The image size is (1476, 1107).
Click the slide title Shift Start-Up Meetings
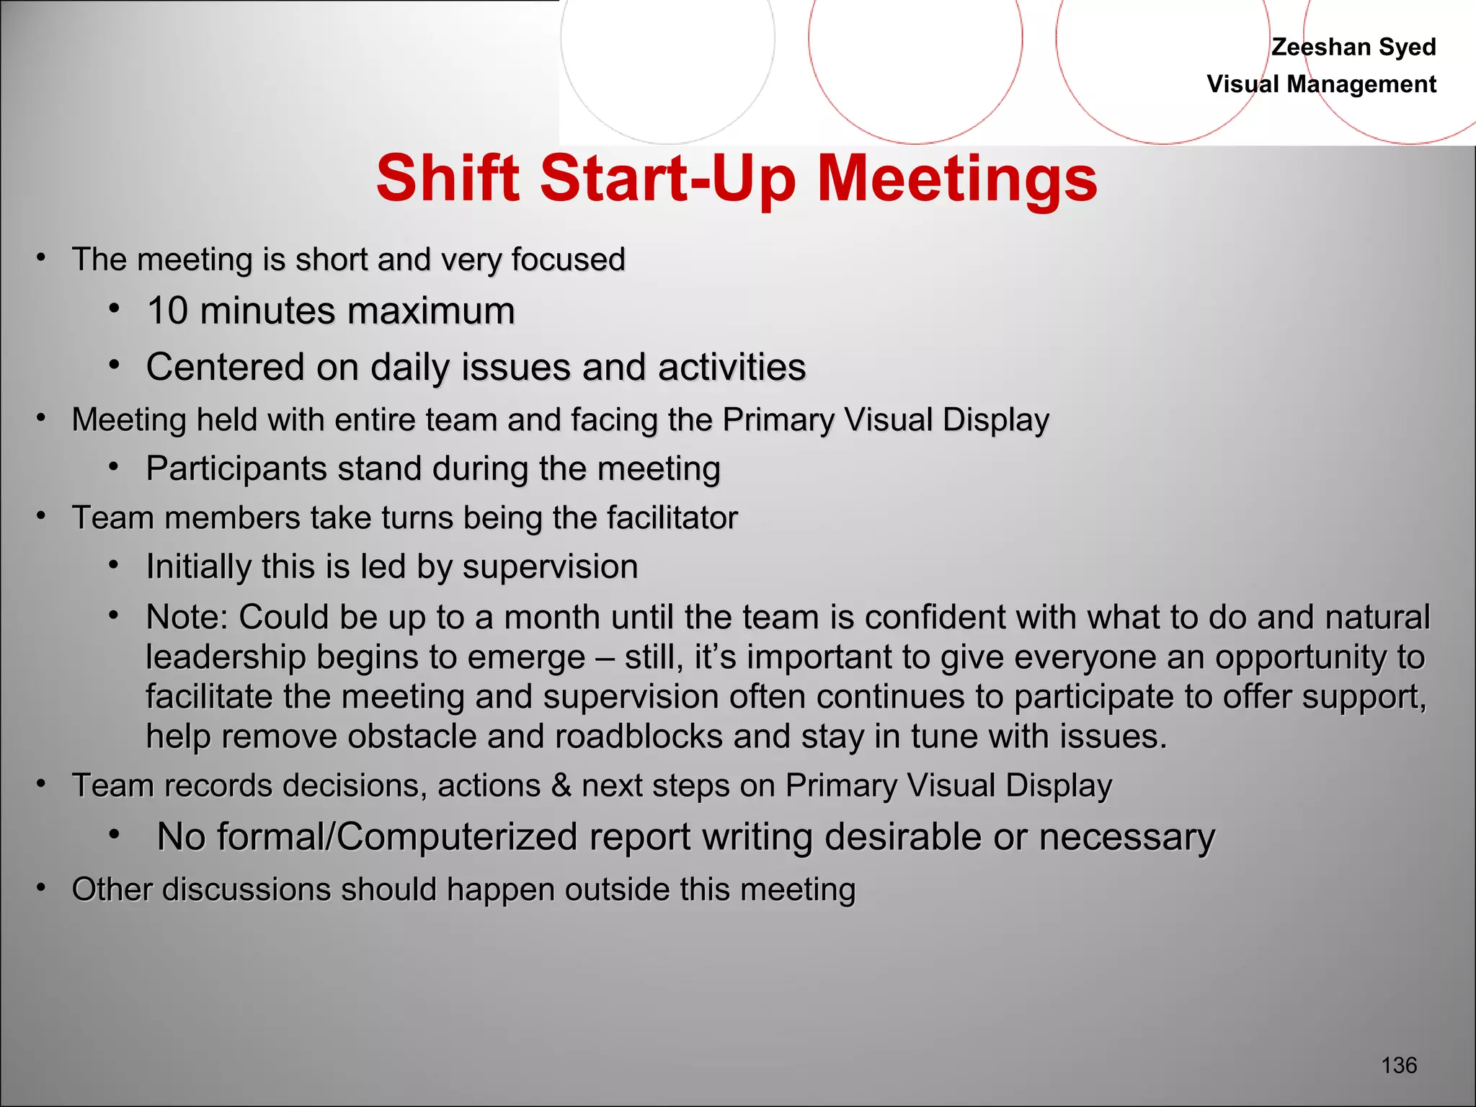click(737, 179)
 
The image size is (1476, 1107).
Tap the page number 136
click(1399, 1065)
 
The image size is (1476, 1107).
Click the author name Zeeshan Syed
click(1353, 47)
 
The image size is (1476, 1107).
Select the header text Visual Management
click(1321, 84)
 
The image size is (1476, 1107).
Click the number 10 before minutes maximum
click(167, 311)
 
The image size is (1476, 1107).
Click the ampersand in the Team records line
click(561, 786)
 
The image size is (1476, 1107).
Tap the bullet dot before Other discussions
click(42, 888)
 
